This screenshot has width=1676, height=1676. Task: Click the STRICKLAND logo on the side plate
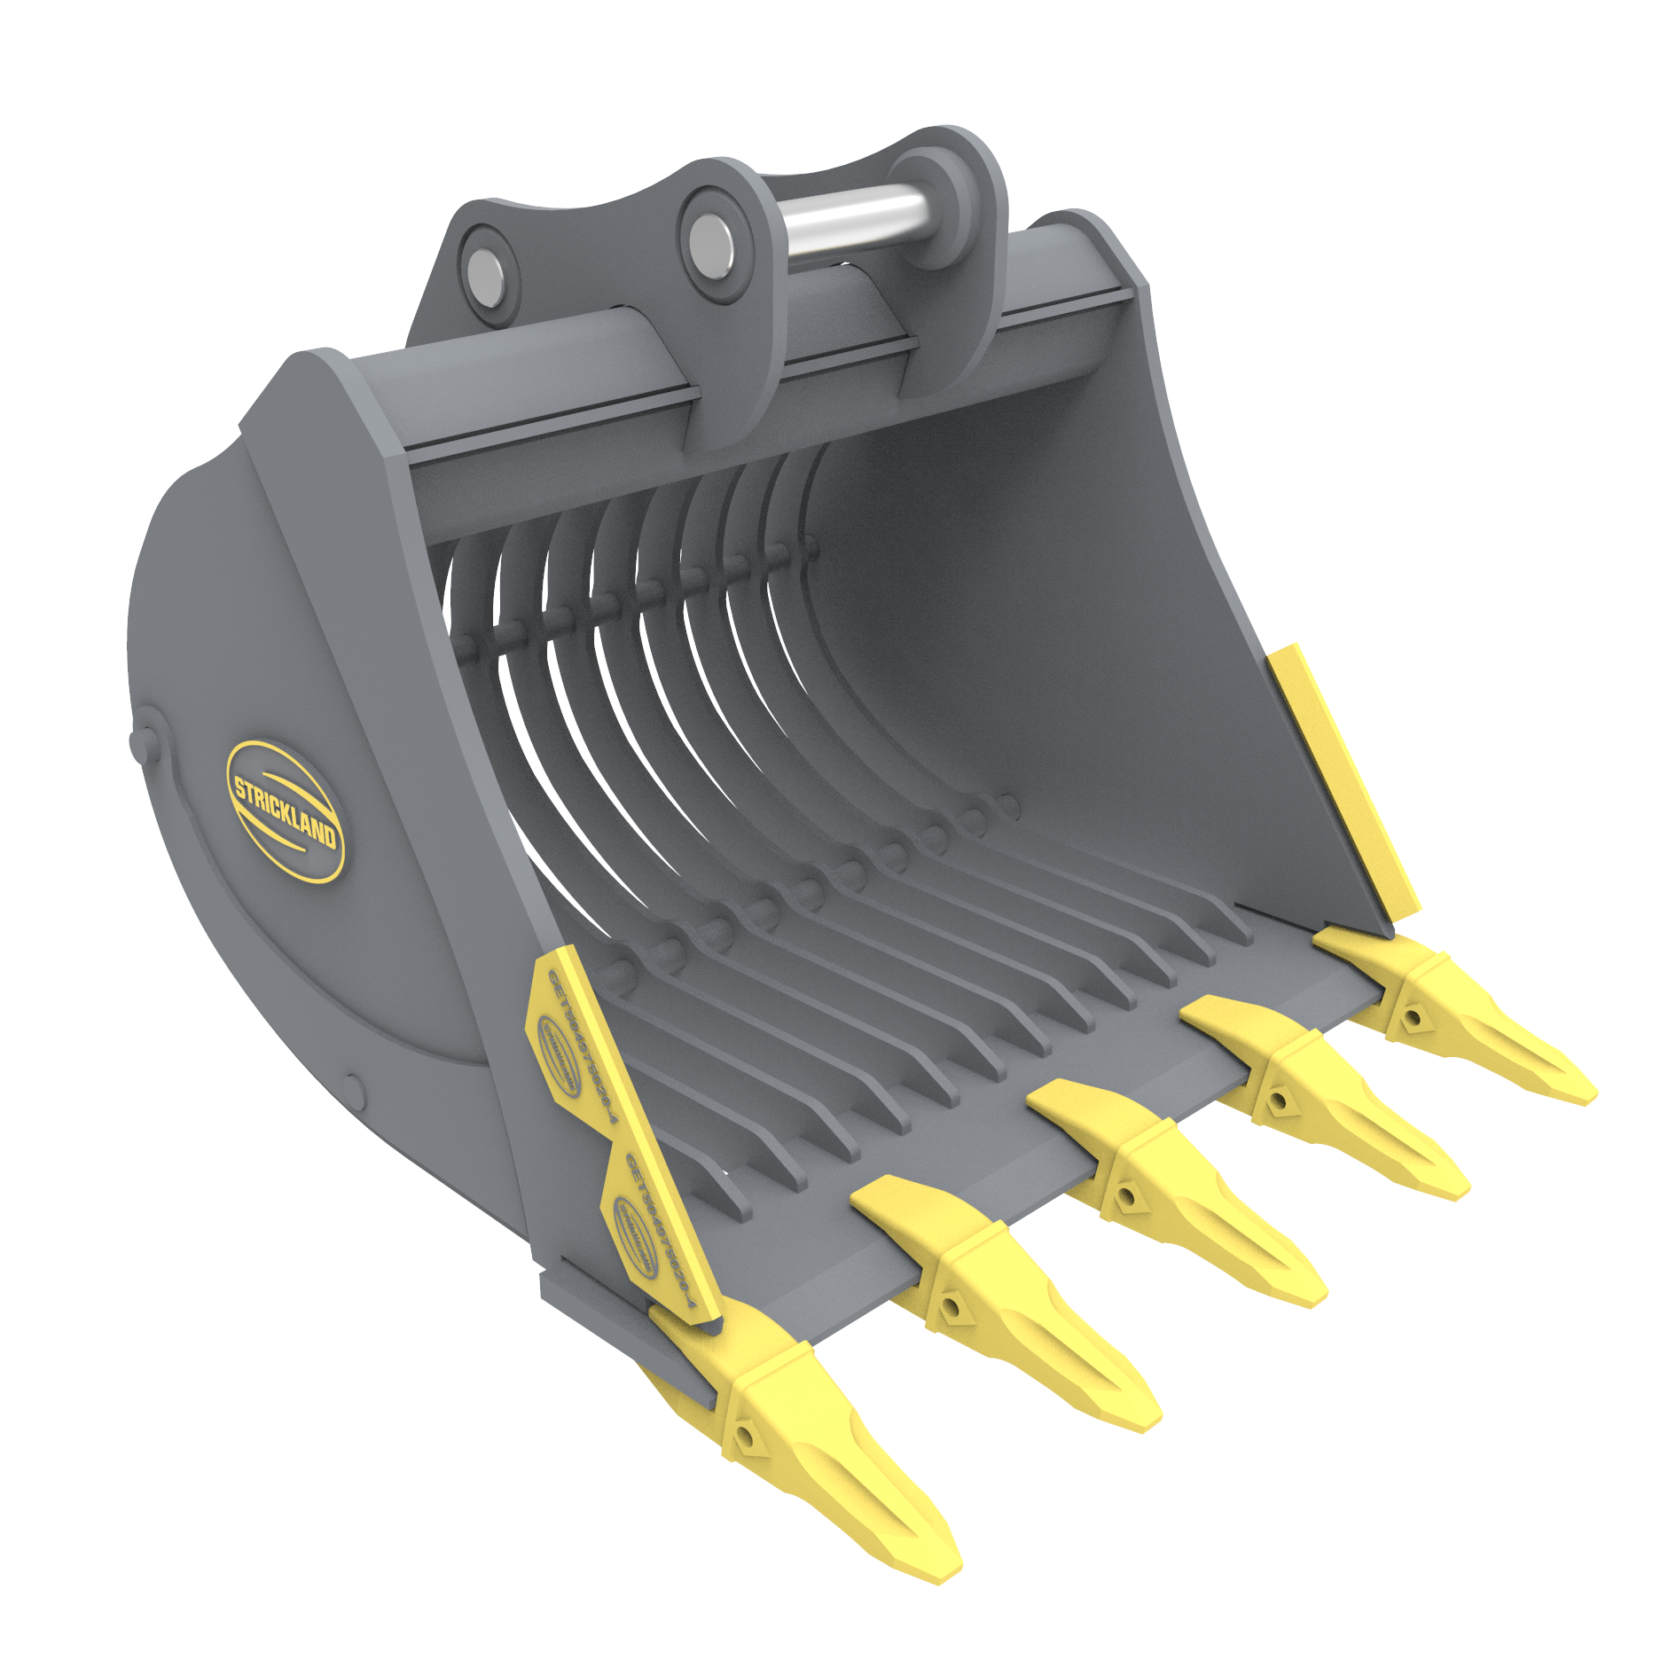[285, 811]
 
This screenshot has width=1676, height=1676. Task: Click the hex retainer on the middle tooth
[1126, 1198]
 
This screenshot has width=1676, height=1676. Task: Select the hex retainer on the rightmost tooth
[1414, 1017]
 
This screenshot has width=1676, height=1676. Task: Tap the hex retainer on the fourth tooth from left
[1278, 1102]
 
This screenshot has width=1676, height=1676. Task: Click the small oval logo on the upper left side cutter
[560, 1054]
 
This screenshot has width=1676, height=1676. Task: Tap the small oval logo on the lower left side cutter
[636, 1238]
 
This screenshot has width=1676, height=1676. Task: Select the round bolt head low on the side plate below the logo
[354, 1089]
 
